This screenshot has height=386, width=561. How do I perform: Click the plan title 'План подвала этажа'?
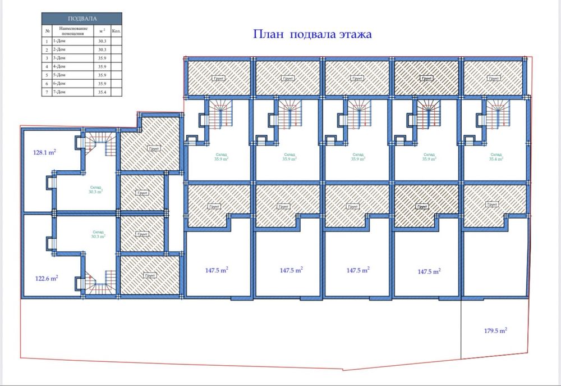(x=312, y=34)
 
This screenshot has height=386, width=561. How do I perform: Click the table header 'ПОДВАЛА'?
(x=82, y=18)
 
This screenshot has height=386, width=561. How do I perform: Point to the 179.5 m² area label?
(x=495, y=331)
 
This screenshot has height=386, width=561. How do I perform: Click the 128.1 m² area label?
(x=44, y=152)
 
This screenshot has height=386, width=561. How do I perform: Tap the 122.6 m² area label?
(x=47, y=278)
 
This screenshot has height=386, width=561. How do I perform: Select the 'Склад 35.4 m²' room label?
(x=495, y=157)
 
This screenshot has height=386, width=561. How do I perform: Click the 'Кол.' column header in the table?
(x=116, y=30)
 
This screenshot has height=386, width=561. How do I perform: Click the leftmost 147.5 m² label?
(x=215, y=270)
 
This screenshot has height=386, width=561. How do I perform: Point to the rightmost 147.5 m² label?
(x=429, y=271)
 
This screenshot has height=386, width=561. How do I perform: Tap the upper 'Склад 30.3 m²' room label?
(x=96, y=189)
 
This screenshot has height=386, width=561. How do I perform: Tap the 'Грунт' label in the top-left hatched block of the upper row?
(x=219, y=79)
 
